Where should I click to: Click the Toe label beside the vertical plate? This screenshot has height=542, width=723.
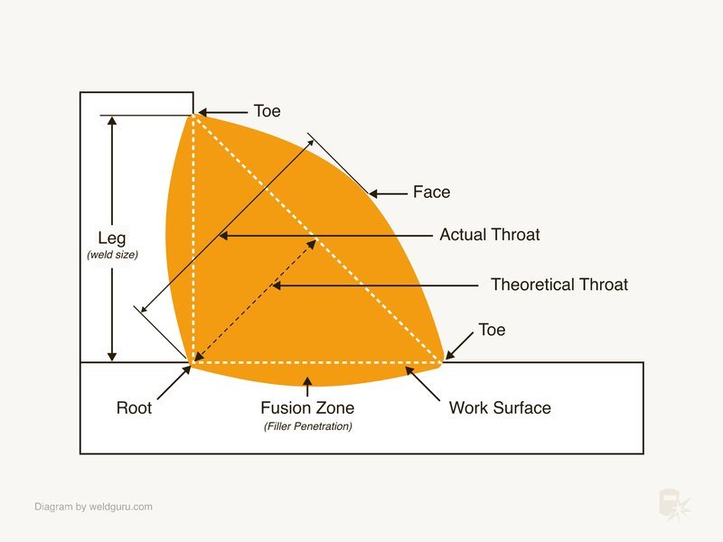coord(267,111)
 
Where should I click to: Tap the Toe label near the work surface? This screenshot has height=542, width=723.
coord(492,330)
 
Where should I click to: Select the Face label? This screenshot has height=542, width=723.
coord(432,192)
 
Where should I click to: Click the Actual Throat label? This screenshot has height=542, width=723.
coord(489,235)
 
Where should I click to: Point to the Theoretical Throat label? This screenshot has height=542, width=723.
coord(559,285)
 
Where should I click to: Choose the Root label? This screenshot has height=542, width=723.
coord(134,408)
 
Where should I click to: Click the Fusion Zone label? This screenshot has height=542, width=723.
coord(307,408)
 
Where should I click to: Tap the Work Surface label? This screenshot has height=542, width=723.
coord(500,408)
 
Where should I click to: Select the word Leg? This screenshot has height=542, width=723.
coord(112,238)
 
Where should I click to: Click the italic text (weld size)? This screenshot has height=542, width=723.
coord(112,255)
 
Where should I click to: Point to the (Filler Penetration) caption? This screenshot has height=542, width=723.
coord(308,426)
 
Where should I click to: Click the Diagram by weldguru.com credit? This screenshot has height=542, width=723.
coord(94,507)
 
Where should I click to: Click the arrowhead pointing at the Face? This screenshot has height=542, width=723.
coord(373,194)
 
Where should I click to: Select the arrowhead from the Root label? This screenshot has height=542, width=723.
coord(186,370)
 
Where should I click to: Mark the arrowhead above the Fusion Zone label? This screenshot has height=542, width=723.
coord(307,381)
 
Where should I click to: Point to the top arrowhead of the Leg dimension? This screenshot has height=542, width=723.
coord(112,121)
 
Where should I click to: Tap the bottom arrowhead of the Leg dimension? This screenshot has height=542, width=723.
coord(112,357)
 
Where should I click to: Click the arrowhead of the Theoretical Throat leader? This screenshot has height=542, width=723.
coord(277,285)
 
